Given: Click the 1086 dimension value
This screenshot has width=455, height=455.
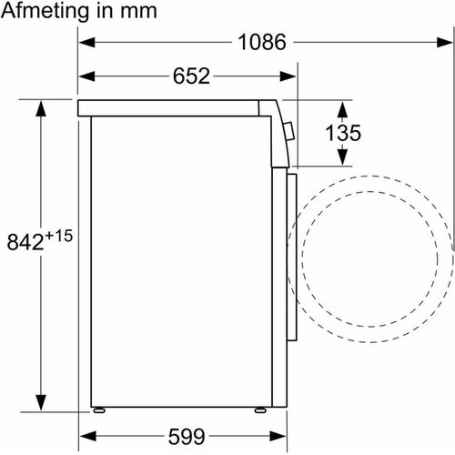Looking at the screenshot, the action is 262,42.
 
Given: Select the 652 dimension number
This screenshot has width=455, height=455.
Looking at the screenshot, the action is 191,76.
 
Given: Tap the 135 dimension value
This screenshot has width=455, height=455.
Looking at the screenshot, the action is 343,133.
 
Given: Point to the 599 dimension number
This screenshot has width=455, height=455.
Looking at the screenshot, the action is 187,437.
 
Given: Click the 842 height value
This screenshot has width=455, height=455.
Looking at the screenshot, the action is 25,242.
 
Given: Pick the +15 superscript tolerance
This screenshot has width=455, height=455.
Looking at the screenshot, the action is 59,236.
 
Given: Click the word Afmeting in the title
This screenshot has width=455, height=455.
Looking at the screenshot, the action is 45,11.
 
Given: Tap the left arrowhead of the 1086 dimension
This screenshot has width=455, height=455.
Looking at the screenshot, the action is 86,42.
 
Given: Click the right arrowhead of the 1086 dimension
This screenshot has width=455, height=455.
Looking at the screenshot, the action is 445,42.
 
